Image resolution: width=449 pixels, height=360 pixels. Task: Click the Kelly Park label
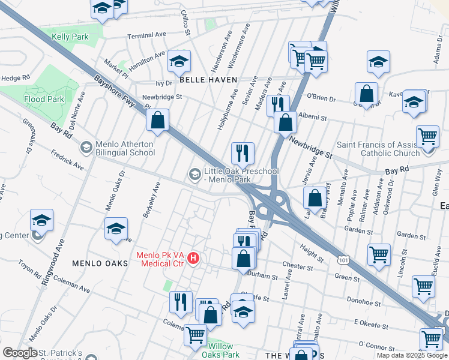[70, 37]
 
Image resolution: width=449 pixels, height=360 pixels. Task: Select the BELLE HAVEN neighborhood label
[208, 80]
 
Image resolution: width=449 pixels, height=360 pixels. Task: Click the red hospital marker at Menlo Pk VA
[193, 259]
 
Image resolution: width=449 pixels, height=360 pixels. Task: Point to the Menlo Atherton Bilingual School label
[125, 148]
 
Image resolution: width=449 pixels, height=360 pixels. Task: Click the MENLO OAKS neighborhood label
[100, 263]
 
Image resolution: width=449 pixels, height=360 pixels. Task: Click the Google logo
[20, 353]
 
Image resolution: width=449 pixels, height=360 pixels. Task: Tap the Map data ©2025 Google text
[412, 355]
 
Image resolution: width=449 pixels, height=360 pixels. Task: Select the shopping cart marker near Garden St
[379, 254]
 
